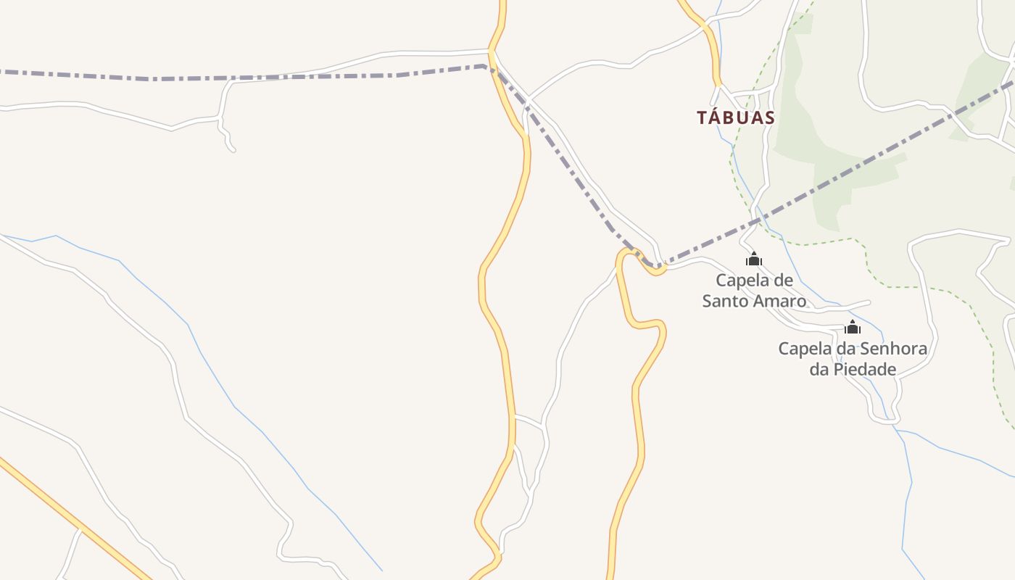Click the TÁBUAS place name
736,117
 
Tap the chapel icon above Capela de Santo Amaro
753,259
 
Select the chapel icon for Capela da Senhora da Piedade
853,328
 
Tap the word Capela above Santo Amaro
745,280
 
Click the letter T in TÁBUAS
702,117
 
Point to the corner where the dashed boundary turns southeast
484,66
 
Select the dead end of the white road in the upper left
233,150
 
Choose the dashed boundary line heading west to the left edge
217,78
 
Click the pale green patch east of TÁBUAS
805,138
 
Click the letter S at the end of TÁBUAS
769,117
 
